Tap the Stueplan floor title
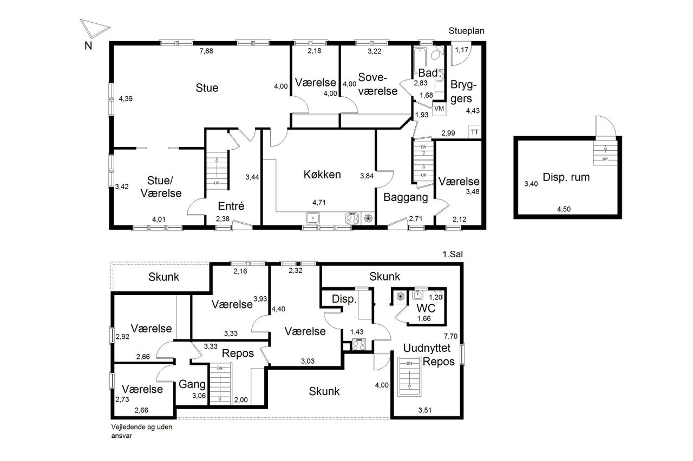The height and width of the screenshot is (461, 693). pyautogui.click(x=466, y=31)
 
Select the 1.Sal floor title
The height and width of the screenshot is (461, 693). pyautogui.click(x=453, y=254)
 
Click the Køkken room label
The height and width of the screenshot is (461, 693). pyautogui.click(x=322, y=175)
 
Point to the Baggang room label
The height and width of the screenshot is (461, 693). pyautogui.click(x=406, y=198)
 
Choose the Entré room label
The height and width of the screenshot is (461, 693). pyautogui.click(x=231, y=206)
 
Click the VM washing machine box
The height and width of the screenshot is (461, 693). pyautogui.click(x=439, y=109)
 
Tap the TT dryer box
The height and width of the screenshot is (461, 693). pyautogui.click(x=475, y=132)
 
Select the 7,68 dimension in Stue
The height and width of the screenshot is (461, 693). pyautogui.click(x=206, y=51)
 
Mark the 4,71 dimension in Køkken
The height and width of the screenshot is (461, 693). pyautogui.click(x=319, y=203)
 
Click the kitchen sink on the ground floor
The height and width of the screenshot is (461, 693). pyautogui.click(x=313, y=218)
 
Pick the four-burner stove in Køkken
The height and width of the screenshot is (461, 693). pyautogui.click(x=352, y=218)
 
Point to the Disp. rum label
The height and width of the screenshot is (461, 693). pyautogui.click(x=566, y=177)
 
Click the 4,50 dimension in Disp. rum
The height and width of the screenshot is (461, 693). pyautogui.click(x=564, y=209)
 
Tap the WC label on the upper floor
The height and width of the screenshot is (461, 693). pyautogui.click(x=426, y=308)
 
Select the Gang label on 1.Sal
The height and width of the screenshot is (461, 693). pyautogui.click(x=192, y=384)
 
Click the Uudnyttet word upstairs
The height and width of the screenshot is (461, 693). pyautogui.click(x=427, y=348)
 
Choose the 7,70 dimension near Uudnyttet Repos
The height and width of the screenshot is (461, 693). pyautogui.click(x=450, y=336)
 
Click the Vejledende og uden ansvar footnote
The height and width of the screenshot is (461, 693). pyautogui.click(x=142, y=431)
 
